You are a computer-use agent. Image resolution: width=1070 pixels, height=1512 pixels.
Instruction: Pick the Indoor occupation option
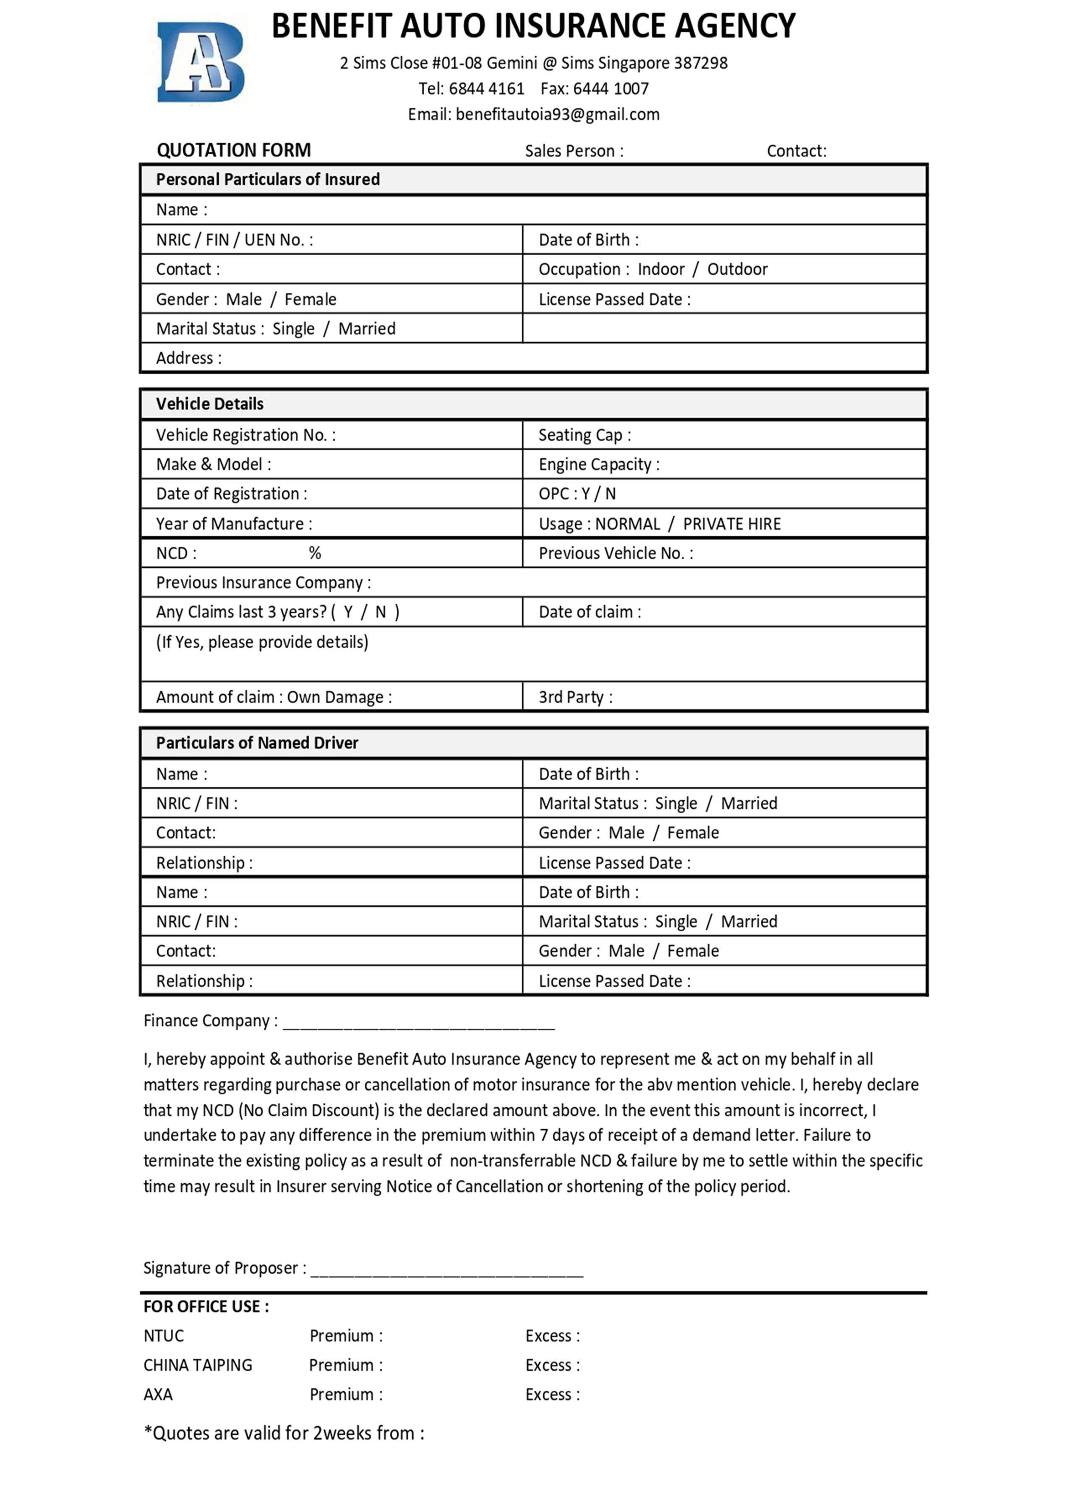[661, 269]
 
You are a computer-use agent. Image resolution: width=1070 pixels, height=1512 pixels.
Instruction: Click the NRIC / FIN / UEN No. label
[234, 240]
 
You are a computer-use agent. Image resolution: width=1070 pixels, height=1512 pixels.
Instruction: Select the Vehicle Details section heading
[209, 404]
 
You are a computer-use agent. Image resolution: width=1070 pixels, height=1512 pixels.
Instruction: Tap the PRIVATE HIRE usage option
[731, 524]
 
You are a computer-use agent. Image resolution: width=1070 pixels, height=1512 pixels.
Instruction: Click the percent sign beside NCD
[315, 553]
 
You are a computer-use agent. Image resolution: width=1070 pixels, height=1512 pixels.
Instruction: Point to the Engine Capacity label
[598, 465]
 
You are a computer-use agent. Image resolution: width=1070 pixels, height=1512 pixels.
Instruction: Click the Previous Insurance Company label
[263, 583]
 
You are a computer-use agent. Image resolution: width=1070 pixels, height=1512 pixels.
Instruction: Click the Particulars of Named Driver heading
[257, 743]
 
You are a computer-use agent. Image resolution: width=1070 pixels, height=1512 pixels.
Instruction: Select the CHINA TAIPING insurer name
[198, 1365]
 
